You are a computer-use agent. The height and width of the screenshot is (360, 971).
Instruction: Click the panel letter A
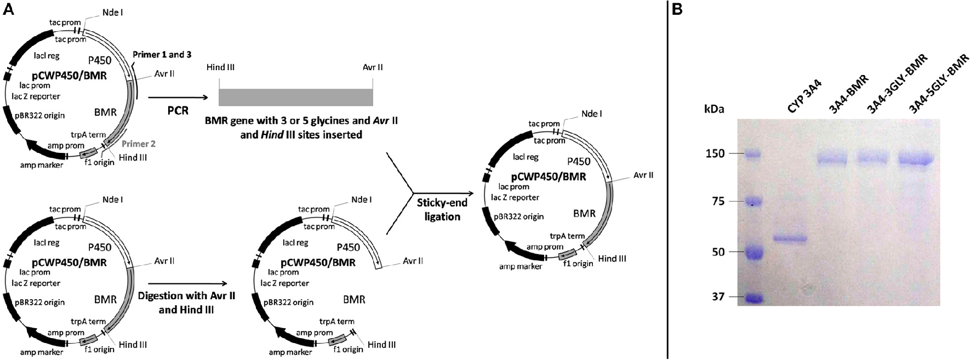8,10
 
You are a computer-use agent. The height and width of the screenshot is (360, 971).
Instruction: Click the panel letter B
677,10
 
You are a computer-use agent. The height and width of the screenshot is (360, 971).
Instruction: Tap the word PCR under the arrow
178,111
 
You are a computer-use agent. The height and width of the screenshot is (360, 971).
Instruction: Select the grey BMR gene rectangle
295,97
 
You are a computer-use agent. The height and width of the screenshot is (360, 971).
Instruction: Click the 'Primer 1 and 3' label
162,55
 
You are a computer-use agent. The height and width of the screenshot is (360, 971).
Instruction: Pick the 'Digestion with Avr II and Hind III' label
187,302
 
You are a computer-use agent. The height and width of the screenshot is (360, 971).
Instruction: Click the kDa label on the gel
714,109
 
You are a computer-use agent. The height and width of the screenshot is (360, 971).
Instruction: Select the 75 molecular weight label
718,202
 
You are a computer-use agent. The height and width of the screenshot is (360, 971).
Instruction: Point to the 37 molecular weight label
718,297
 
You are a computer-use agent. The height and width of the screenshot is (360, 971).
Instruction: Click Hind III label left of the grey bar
221,67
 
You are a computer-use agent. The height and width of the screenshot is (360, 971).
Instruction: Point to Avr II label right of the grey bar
373,67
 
